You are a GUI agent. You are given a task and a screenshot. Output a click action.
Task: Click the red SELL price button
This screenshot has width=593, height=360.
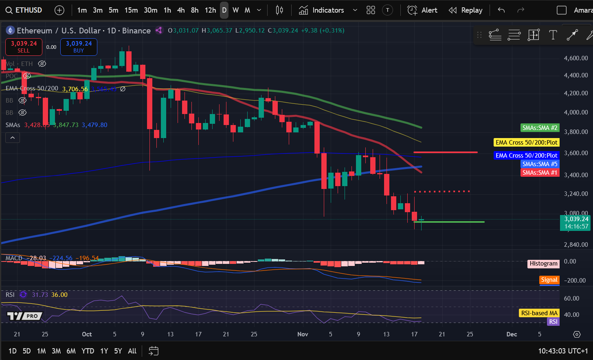(x=24, y=47)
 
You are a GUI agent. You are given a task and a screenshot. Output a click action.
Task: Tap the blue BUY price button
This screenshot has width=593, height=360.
(x=79, y=47)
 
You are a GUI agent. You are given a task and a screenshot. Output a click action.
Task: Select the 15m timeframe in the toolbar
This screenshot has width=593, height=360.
(x=131, y=10)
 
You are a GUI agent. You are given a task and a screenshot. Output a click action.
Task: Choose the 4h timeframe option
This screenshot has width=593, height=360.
(x=181, y=10)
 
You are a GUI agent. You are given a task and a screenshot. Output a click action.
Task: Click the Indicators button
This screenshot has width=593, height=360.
(x=322, y=10)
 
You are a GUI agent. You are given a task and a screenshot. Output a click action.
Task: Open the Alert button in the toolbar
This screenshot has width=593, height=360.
(x=422, y=10)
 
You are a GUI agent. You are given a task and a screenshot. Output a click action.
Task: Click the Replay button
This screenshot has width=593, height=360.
(x=466, y=10)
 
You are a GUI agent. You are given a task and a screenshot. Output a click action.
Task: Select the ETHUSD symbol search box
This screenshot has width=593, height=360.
(x=24, y=10)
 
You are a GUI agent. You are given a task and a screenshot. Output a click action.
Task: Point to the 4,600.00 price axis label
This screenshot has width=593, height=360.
(x=576, y=58)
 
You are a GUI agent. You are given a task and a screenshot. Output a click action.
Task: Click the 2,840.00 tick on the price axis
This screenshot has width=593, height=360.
(x=576, y=245)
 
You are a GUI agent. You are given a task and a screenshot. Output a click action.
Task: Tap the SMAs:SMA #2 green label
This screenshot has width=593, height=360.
(x=540, y=128)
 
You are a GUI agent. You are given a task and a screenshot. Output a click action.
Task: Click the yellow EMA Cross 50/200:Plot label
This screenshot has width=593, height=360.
(x=526, y=143)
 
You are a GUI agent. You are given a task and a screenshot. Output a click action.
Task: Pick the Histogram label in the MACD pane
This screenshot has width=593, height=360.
(x=543, y=263)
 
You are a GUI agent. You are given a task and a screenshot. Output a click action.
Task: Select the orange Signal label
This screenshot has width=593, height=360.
(x=549, y=280)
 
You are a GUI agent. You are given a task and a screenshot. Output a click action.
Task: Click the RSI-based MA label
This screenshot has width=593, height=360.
(x=539, y=313)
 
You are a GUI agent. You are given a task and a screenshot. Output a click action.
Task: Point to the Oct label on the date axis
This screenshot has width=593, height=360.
(x=87, y=334)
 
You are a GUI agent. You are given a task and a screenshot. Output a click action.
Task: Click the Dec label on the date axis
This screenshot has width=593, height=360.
(x=512, y=334)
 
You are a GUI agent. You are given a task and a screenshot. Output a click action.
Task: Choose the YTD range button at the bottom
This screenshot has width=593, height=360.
(x=88, y=351)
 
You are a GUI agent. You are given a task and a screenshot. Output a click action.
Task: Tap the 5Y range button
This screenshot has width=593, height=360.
(x=118, y=351)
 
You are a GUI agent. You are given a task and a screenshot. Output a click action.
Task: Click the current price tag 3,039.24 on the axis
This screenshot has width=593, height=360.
(x=576, y=220)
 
